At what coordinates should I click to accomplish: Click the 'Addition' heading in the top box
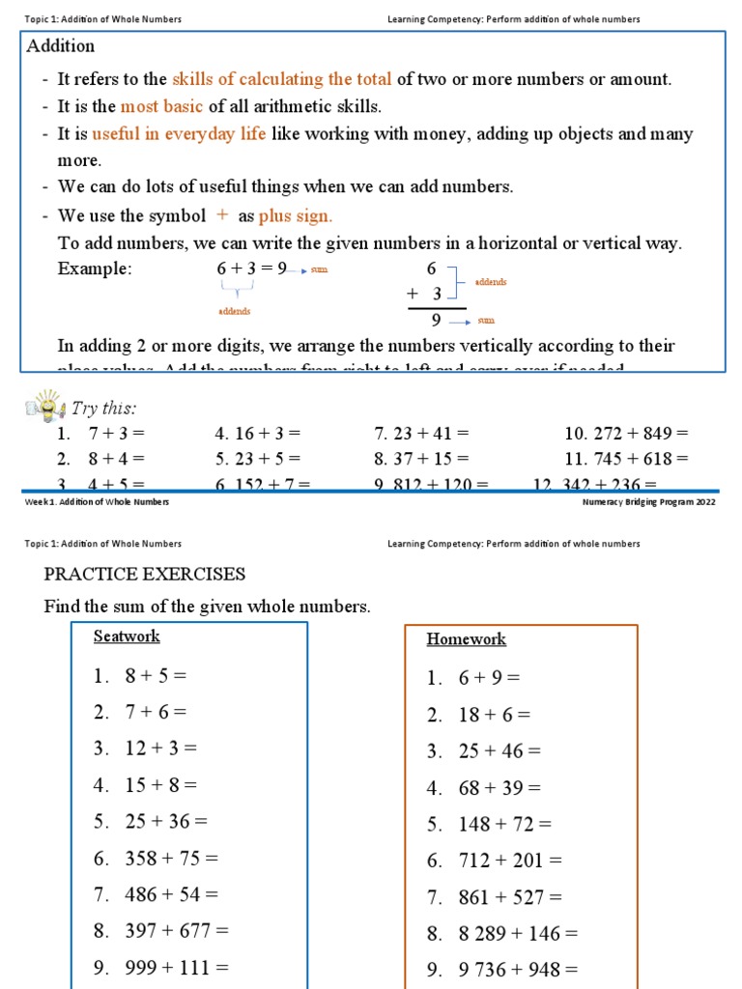pos(61,46)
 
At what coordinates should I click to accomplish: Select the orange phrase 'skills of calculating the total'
pos(282,79)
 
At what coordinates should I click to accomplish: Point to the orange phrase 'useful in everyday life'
pos(179,134)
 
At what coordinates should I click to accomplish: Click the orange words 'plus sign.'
pos(296,216)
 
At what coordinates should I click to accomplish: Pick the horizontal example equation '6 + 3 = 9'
pos(251,269)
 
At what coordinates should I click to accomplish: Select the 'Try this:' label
pos(104,409)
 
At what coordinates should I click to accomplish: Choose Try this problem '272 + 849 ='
pos(626,434)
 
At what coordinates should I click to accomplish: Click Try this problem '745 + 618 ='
pos(626,459)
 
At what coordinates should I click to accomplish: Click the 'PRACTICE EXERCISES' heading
pos(145,575)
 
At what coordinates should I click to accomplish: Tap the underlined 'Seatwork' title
pos(127,636)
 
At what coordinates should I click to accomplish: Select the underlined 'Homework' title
pos(466,639)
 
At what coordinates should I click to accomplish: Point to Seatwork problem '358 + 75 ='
pos(170,858)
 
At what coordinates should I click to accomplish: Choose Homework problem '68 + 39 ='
pos(499,788)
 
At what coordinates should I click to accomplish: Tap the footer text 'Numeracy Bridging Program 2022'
pos(648,502)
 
